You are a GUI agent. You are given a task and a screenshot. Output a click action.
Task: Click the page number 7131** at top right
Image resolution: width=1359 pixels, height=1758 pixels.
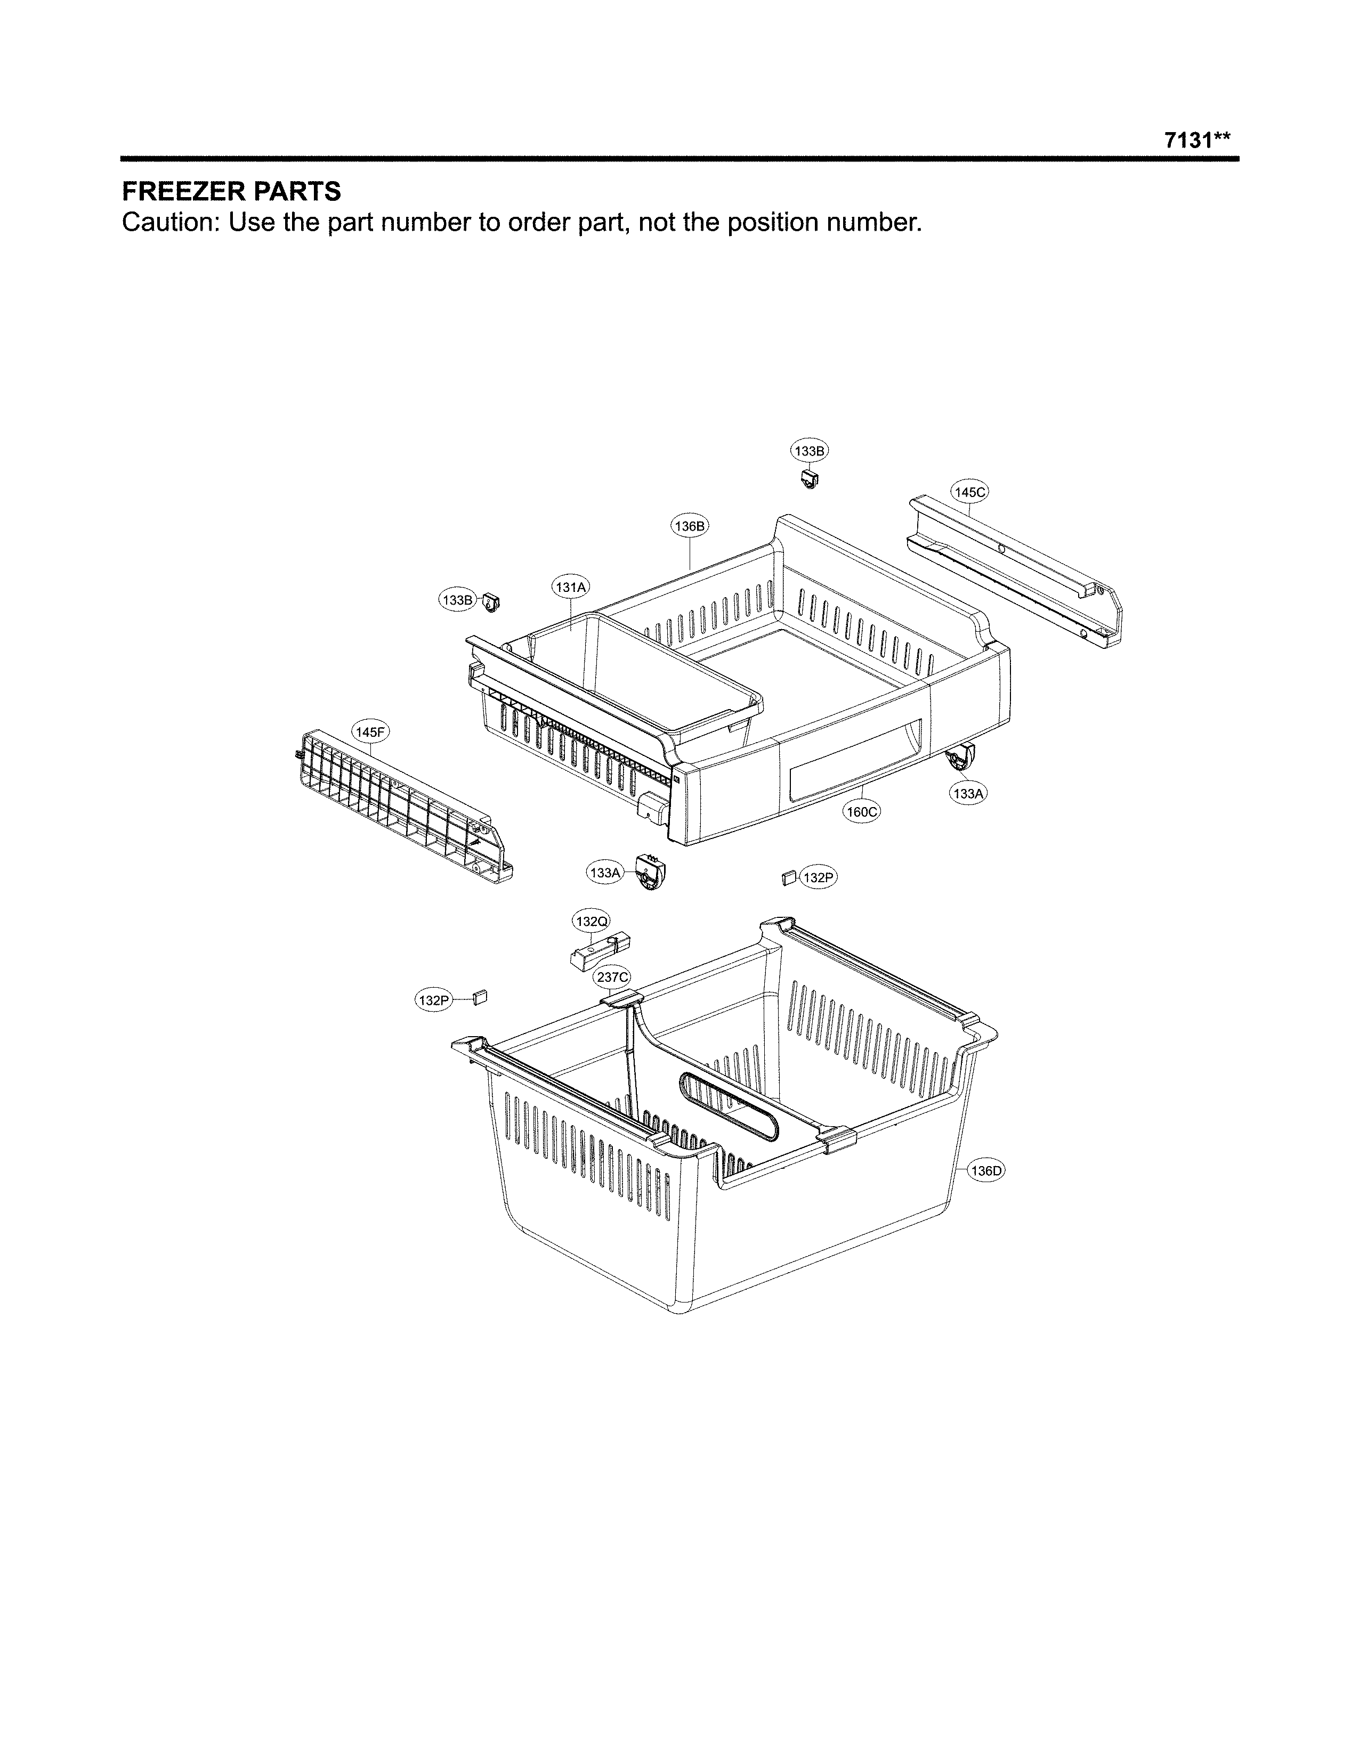coord(1197,140)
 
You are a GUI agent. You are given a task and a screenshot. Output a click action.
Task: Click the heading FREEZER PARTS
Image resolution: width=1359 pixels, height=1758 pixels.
coord(231,192)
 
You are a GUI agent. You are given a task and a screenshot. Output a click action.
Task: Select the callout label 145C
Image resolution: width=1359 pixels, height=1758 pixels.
coord(969,492)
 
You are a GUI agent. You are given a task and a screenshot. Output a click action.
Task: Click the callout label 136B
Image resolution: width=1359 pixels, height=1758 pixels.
coord(690,526)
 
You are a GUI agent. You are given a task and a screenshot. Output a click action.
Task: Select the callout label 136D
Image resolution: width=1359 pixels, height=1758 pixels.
coord(985,1170)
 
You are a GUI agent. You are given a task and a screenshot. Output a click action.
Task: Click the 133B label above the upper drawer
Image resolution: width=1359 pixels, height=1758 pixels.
coord(809,452)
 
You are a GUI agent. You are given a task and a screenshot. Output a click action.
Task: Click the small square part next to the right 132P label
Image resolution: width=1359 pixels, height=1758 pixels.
coord(788,876)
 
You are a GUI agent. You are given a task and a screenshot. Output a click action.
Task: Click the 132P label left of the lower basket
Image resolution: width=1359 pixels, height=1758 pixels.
coord(432,1000)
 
